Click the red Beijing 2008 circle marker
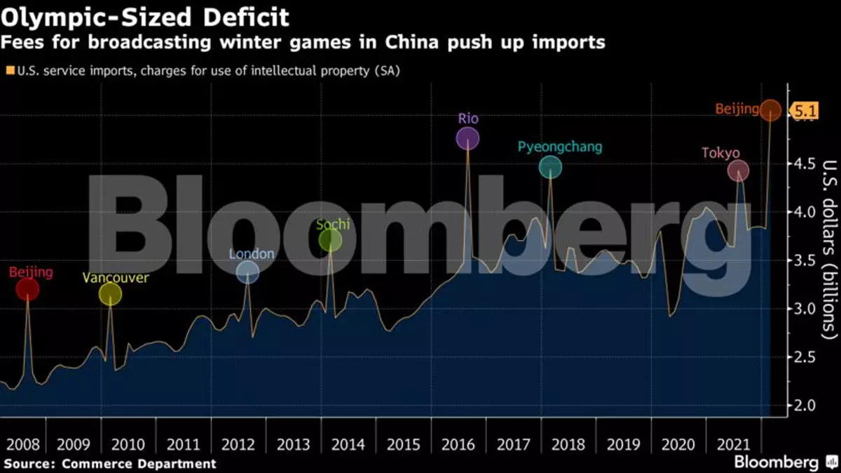coord(27,288)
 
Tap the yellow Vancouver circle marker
coord(110,295)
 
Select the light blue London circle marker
coord(247,272)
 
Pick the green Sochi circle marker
coord(330,241)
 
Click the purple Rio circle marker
coord(467,138)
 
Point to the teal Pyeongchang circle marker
coord(550,167)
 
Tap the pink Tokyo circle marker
coord(738,170)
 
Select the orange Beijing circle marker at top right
coord(770,109)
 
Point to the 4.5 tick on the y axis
coord(803,164)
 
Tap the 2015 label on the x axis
coord(403,444)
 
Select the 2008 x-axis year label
coord(23,444)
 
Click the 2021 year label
coord(733,444)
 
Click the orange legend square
coord(10,70)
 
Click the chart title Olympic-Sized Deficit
coord(145,16)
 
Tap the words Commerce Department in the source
coord(139,464)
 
